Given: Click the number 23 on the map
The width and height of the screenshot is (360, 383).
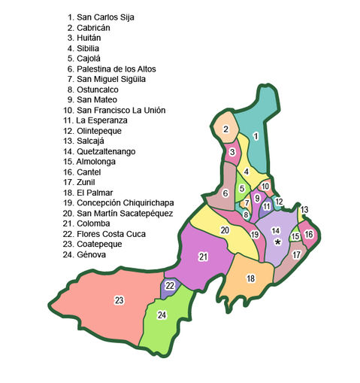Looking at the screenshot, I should point(119,300).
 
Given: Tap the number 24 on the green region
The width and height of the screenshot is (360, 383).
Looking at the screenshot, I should point(162,315).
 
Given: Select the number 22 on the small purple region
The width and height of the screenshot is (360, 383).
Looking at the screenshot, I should point(171,286).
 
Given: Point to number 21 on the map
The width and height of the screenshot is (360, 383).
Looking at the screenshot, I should point(203,257).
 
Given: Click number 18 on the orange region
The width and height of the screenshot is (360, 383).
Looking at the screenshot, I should point(250,278).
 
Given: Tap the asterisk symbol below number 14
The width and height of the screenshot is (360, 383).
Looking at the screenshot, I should point(277,242).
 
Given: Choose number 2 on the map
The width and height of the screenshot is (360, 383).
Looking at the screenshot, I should point(225,129).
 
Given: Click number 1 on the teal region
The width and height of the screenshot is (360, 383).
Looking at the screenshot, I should point(256,136).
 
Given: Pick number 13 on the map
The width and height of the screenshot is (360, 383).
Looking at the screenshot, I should point(304,209).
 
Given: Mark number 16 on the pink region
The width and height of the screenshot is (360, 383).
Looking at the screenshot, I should point(308,234).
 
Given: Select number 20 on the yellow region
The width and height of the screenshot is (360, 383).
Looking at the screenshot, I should point(225,229).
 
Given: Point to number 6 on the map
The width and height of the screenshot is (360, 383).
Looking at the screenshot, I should point(225,194).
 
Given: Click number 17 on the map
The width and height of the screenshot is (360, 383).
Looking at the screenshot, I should point(296,254).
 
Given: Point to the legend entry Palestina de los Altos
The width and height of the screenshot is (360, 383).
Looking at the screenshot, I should point(114,68).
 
